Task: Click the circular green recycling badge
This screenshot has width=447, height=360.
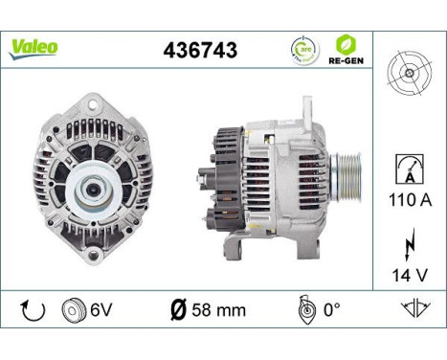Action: (305, 48)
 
